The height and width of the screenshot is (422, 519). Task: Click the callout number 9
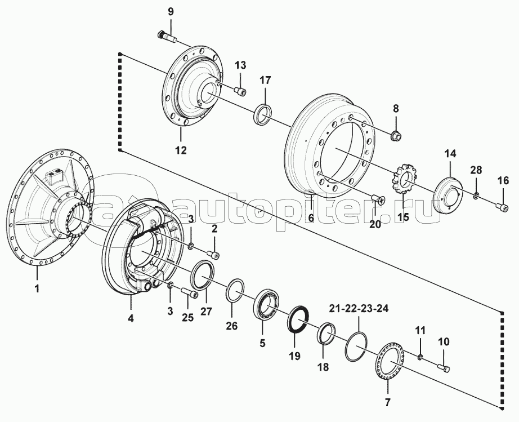(171, 12)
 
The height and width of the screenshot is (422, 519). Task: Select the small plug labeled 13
(240, 91)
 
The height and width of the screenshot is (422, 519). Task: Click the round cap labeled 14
(446, 194)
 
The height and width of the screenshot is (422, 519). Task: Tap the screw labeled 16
(503, 207)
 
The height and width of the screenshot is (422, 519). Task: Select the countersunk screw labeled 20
(378, 200)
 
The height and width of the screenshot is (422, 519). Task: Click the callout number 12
(181, 150)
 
